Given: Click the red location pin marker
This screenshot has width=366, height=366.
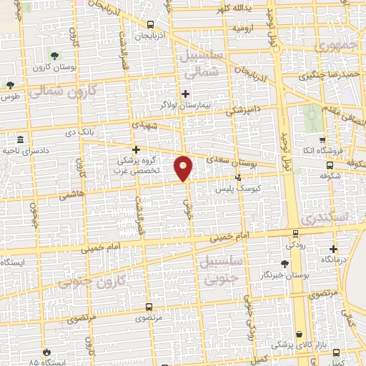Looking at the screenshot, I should [184, 168].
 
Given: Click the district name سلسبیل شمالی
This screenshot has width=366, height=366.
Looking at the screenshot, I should [204, 64].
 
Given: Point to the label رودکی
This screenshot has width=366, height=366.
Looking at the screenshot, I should [297, 244].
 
